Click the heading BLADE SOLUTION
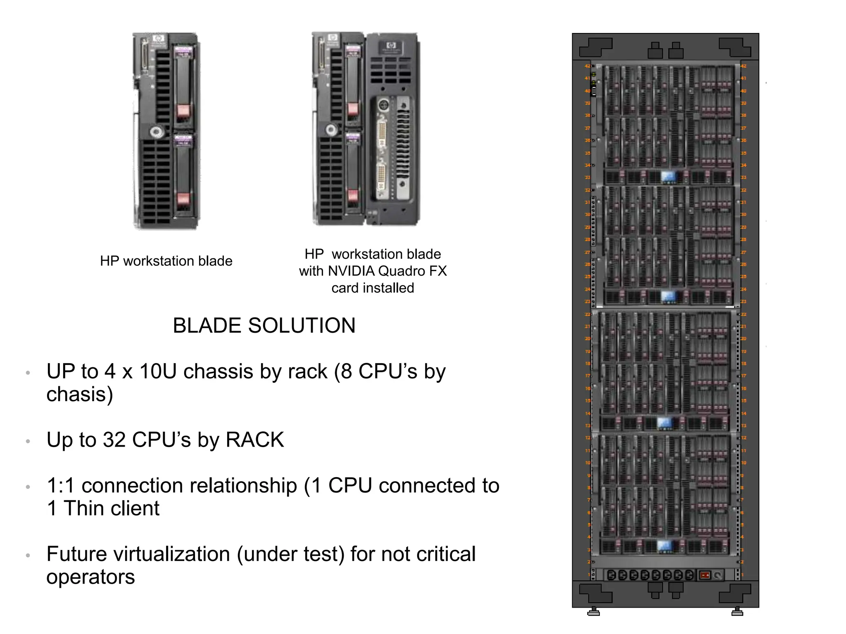(x=264, y=326)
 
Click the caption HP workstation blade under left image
(x=166, y=261)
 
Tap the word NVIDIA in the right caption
(x=351, y=271)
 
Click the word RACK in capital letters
(x=255, y=440)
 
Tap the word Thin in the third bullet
(x=84, y=509)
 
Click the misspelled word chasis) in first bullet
(x=80, y=394)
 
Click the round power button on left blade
(x=156, y=132)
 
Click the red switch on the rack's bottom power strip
(x=704, y=575)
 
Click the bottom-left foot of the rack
(x=594, y=612)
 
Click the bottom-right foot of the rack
(x=737, y=612)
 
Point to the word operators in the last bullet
(x=90, y=577)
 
